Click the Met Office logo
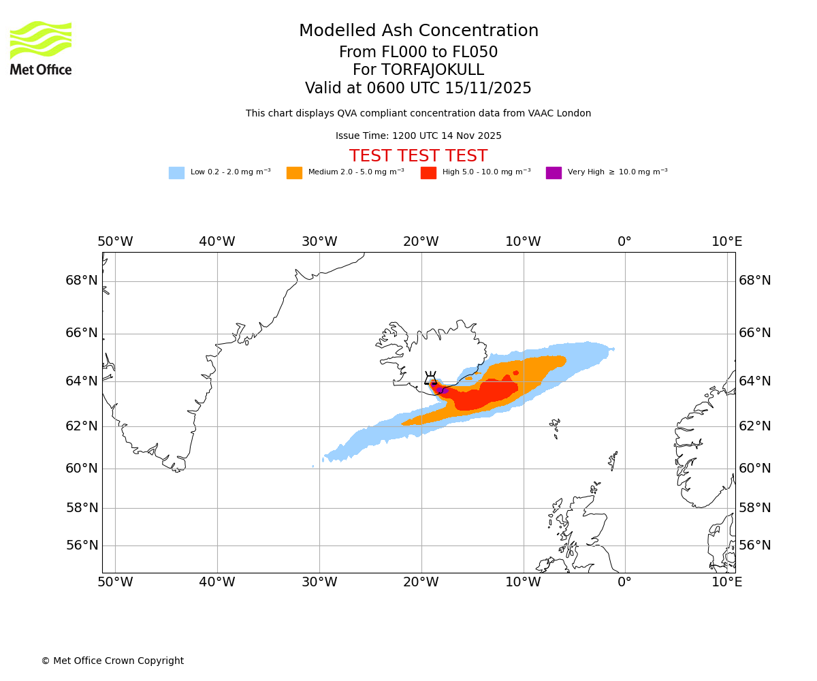41,48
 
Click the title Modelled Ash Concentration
418,31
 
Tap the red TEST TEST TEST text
418,157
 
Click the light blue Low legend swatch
176,173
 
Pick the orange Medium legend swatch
294,173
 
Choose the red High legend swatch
428,173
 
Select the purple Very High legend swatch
554,173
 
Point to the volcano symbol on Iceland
431,379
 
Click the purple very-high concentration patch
443,390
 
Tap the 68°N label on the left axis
82,281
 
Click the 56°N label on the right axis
755,545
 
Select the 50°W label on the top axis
115,242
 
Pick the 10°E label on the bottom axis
726,582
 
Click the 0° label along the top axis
624,242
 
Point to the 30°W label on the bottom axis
319,582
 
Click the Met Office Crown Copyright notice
112,661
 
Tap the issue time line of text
418,136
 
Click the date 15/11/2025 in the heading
488,89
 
